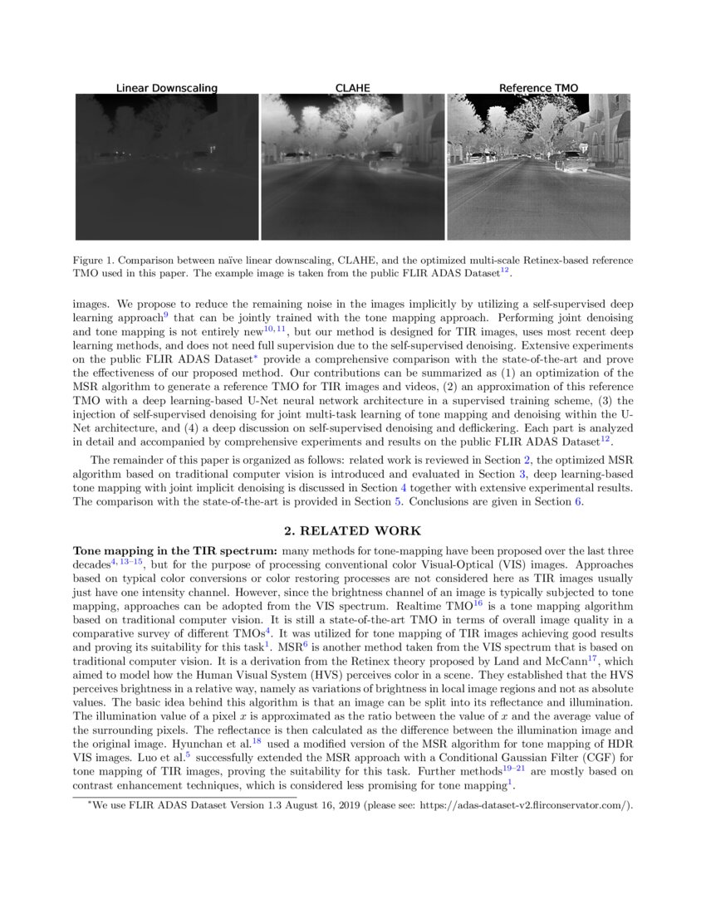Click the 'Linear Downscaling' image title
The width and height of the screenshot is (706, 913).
coord(166,88)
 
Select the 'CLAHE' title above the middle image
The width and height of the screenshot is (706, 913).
coord(352,88)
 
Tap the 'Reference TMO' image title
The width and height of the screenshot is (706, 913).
coord(538,88)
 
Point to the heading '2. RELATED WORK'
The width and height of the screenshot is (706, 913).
coord(352,531)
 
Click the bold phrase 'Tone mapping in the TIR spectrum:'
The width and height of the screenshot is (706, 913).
coord(175,551)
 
